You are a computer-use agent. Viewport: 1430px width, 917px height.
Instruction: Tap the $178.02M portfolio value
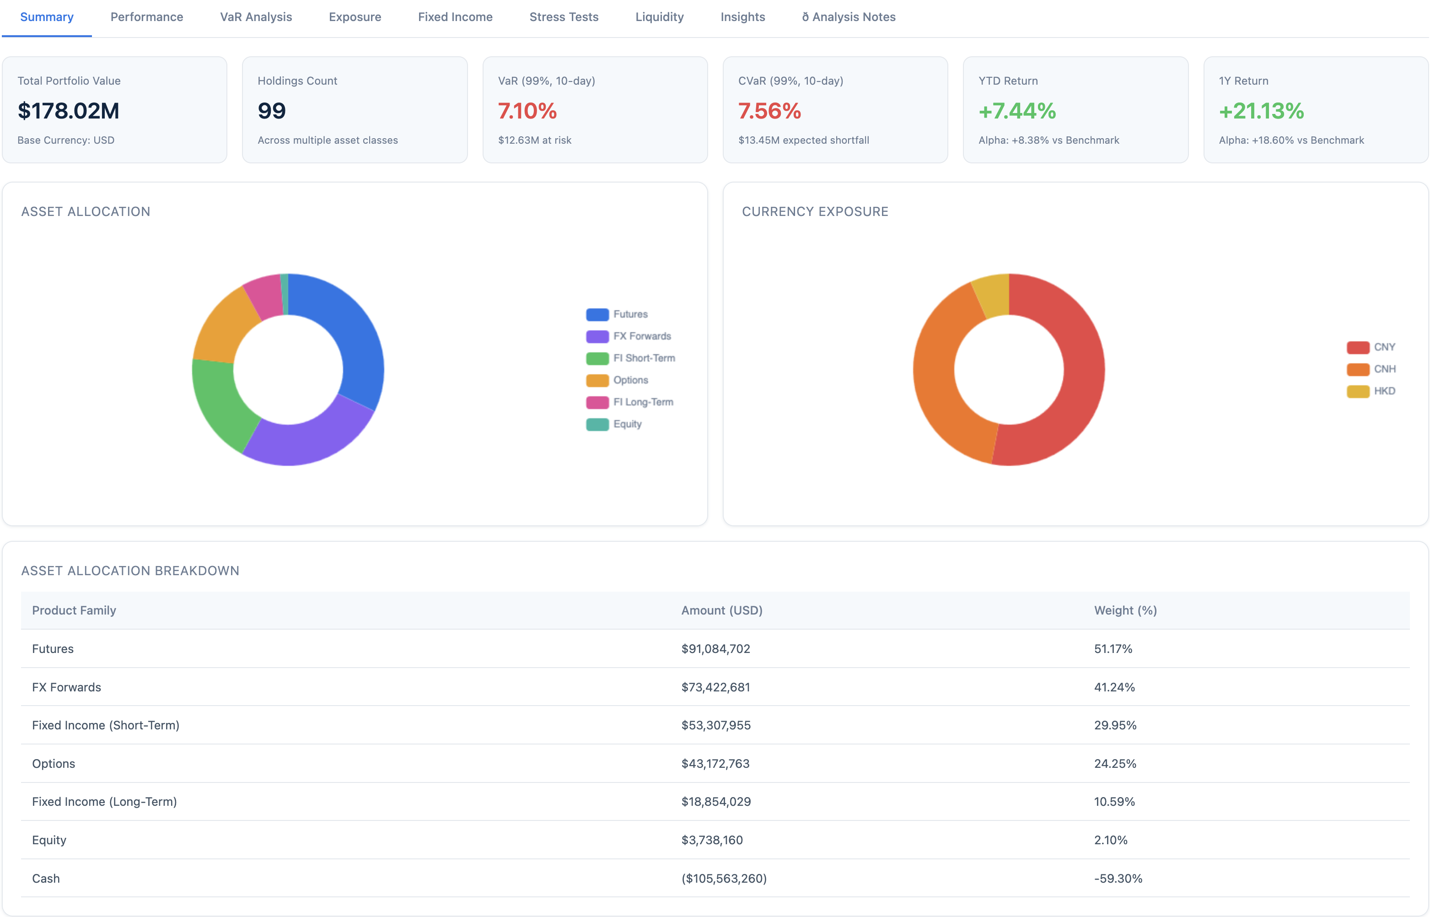pyautogui.click(x=69, y=111)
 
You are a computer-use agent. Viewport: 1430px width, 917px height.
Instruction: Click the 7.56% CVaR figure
pyautogui.click(x=769, y=111)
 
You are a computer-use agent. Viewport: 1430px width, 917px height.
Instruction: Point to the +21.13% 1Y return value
pyautogui.click(x=1261, y=111)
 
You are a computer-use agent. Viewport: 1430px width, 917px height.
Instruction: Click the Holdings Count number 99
pyautogui.click(x=271, y=111)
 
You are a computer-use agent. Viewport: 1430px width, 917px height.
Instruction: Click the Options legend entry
pyautogui.click(x=630, y=380)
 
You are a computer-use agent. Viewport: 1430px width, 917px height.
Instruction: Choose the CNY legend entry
pyautogui.click(x=1383, y=347)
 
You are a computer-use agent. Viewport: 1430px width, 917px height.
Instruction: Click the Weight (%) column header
pyautogui.click(x=1124, y=610)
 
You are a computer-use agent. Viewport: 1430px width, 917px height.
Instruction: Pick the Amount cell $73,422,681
pyautogui.click(x=715, y=687)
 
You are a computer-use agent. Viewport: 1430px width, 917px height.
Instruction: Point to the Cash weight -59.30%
pyautogui.click(x=1118, y=878)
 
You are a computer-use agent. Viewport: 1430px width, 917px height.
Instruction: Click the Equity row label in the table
pyautogui.click(x=49, y=840)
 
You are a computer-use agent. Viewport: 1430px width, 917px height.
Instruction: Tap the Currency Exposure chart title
pyautogui.click(x=814, y=211)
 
